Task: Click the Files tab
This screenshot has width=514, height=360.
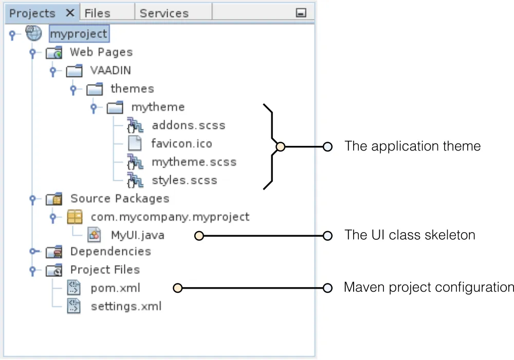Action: [97, 13]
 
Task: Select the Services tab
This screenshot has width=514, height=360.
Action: [164, 13]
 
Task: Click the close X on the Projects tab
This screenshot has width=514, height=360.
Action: [70, 13]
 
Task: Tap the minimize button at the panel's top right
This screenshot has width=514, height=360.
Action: [302, 13]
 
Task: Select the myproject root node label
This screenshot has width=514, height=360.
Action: [79, 34]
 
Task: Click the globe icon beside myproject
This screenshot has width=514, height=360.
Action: [33, 34]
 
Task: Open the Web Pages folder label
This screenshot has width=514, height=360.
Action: [101, 52]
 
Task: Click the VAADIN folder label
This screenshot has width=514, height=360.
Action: [111, 70]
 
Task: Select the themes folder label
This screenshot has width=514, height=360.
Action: [132, 89]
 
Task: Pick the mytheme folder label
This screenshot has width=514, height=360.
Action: [158, 107]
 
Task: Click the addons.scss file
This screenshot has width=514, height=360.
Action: [188, 125]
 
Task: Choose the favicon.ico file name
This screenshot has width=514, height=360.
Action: [181, 144]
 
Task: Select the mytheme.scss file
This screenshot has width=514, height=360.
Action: [194, 162]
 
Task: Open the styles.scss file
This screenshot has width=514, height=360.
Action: [185, 180]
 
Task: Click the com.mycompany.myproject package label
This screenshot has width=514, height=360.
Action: [170, 217]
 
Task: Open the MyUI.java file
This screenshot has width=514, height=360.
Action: [138, 235]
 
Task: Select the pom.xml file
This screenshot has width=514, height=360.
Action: [115, 288]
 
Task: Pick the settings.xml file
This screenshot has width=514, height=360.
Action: [126, 307]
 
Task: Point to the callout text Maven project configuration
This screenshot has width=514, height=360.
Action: [428, 287]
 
